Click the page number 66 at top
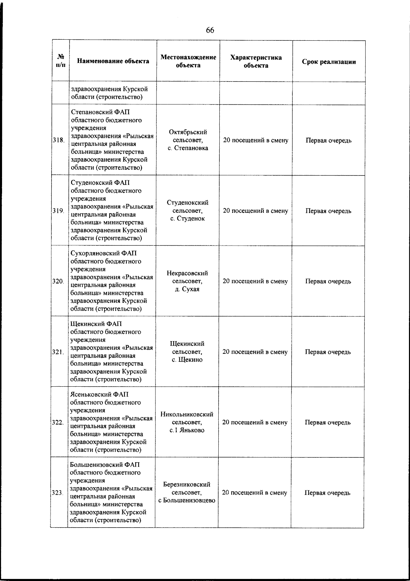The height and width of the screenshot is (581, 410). point(210,30)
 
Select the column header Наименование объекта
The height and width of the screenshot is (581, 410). point(113,61)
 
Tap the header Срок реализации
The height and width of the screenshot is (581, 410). point(329,62)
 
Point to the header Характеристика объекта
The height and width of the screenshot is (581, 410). point(256,62)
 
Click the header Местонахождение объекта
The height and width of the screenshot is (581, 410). point(188,61)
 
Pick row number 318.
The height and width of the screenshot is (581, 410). point(59,140)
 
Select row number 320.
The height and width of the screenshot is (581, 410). point(58,281)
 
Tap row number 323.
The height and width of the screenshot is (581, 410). point(57,493)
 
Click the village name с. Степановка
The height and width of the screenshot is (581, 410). point(188,148)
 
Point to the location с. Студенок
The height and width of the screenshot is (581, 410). point(188,219)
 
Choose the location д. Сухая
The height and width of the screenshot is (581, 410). point(187,289)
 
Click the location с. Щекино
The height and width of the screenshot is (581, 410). point(187,360)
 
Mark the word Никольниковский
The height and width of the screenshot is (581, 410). point(187,414)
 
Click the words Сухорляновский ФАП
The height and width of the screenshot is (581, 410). point(104,253)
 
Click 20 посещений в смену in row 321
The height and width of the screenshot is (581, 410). point(255,352)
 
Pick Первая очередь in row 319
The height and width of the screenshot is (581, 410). point(328,211)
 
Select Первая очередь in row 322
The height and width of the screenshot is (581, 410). point(328,422)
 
